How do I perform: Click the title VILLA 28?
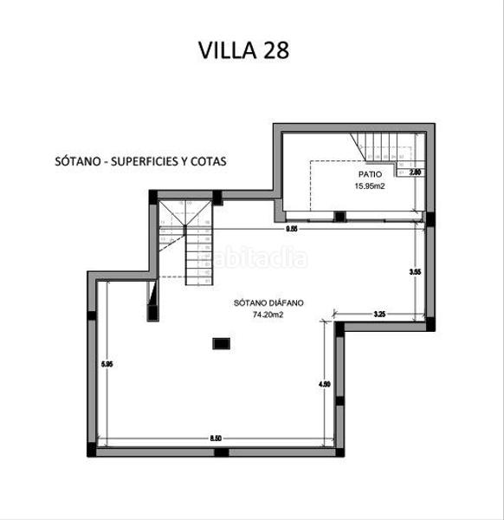[x=243, y=49]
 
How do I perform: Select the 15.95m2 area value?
[x=368, y=185]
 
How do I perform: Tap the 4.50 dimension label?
[x=324, y=384]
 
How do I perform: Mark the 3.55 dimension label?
[x=415, y=273]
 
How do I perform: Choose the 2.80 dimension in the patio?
[x=416, y=172]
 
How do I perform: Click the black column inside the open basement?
[x=220, y=343]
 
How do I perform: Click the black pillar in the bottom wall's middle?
[x=221, y=452]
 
